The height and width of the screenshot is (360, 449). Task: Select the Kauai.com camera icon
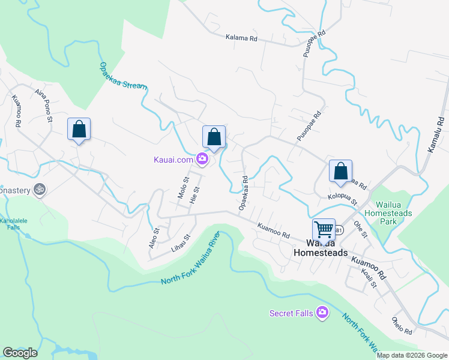[202, 159]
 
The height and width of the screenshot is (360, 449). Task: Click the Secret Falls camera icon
[322, 312]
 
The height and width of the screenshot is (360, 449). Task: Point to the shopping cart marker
[324, 229]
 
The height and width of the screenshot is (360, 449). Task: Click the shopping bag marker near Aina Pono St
[79, 129]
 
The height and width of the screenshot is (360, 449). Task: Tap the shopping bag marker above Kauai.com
[214, 137]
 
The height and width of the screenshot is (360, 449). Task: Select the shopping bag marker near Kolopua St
[340, 171]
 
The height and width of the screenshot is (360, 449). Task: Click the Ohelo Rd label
[402, 325]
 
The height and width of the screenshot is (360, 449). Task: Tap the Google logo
[20, 353]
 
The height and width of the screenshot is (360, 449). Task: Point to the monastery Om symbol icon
[39, 188]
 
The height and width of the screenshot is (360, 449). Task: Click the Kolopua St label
[342, 199]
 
